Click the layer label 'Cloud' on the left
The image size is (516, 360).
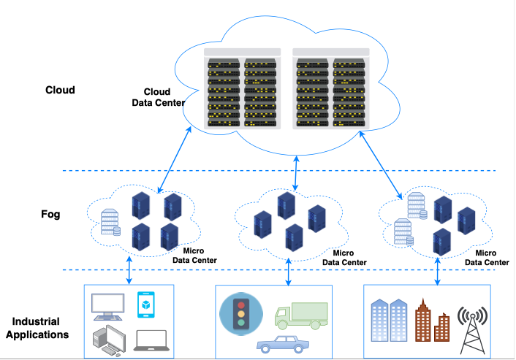[60, 91]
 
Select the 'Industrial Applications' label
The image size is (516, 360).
[40, 328]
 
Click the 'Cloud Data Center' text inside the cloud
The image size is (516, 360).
[157, 97]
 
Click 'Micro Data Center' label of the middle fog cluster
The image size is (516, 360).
[344, 258]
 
